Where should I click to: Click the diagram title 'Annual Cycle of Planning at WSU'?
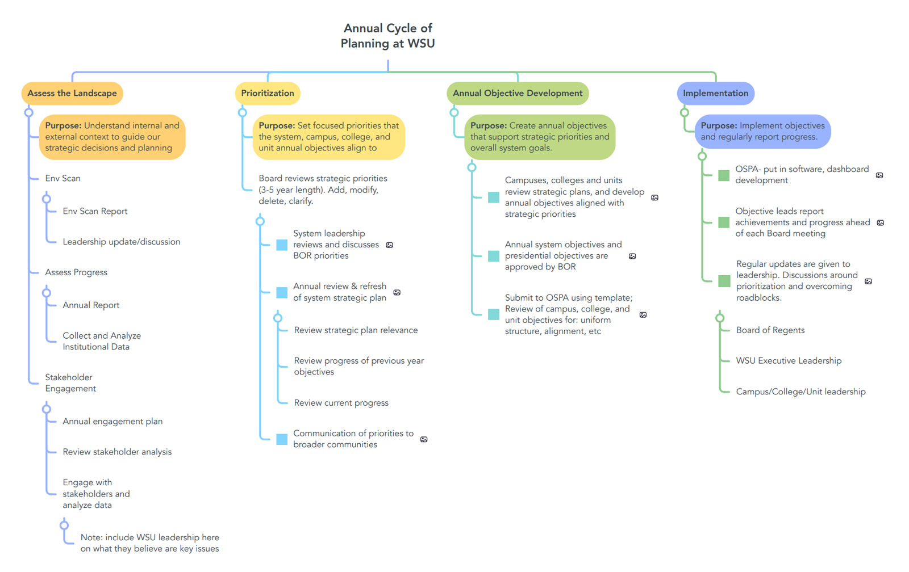387,36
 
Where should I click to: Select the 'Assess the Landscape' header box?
72,93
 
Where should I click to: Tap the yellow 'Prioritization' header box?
268,93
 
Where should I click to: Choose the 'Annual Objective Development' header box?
518,93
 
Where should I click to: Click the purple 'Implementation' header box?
715,93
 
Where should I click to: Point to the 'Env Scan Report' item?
95,211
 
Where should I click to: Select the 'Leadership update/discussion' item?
122,242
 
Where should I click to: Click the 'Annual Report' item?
91,305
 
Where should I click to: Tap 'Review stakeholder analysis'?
117,452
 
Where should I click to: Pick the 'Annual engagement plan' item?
112,421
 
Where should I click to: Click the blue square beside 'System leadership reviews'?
282,245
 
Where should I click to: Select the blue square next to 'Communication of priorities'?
282,439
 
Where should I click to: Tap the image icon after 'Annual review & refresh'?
397,292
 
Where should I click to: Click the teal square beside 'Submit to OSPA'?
494,314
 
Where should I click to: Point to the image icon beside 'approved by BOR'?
632,256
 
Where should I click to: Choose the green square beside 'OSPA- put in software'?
724,175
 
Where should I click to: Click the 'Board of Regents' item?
770,330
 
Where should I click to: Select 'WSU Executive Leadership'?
789,360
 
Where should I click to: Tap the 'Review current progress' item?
341,402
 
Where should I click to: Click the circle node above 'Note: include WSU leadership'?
64,525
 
